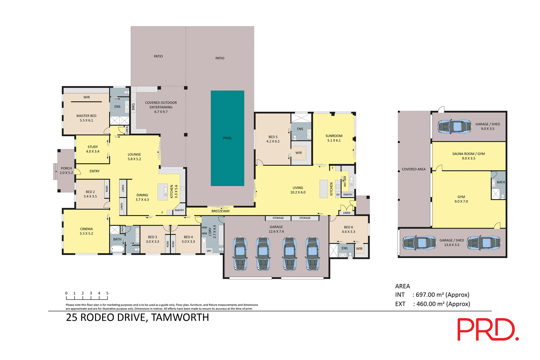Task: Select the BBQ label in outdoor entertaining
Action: click(x=133, y=107)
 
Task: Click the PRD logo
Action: click(x=488, y=329)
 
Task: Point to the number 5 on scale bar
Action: click(x=107, y=293)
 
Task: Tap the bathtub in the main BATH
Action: click(x=117, y=249)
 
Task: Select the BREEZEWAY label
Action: click(x=220, y=211)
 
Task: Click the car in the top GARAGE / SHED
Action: click(x=454, y=126)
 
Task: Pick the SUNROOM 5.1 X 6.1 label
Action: click(x=334, y=138)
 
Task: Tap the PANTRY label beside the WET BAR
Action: click(x=348, y=195)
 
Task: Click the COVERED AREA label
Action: click(x=413, y=169)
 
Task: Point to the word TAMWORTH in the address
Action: click(x=180, y=318)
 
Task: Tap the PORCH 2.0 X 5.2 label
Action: click(x=66, y=171)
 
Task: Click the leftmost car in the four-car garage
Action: click(x=240, y=254)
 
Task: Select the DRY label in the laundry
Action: click(x=209, y=251)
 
